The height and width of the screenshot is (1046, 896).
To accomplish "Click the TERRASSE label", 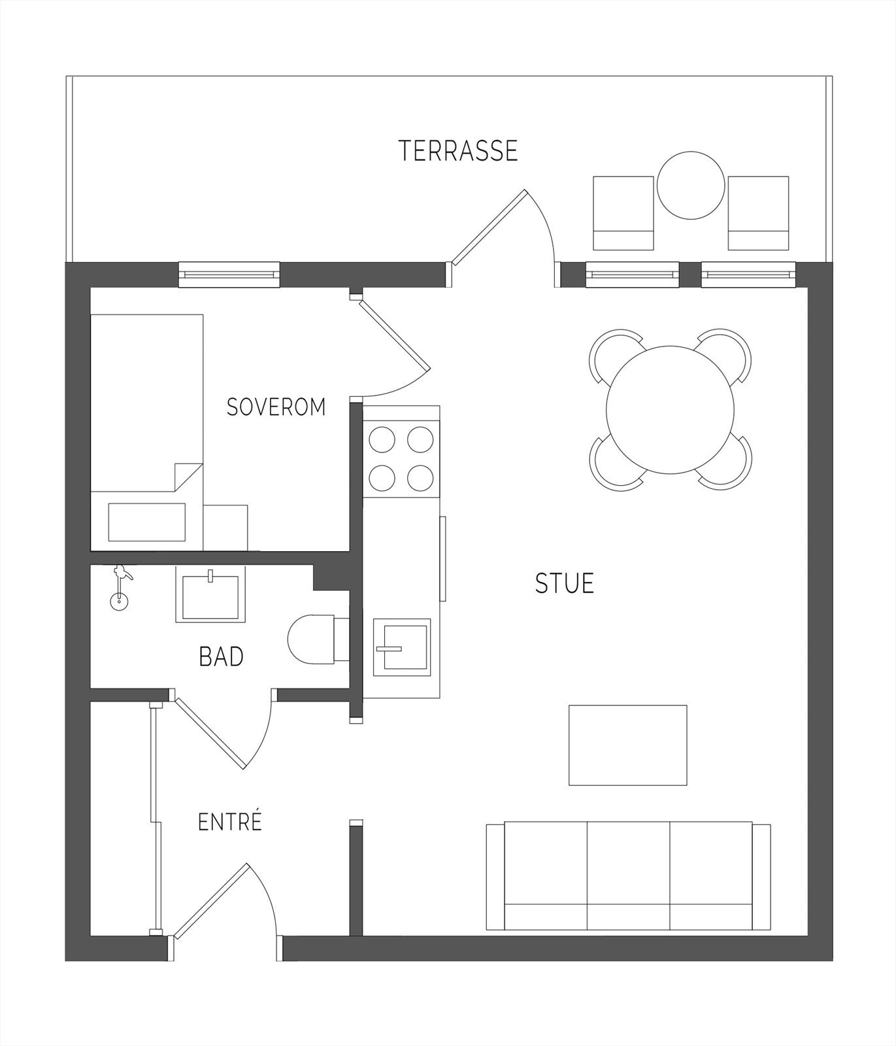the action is coord(458,150).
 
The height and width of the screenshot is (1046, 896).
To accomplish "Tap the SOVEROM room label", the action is coord(276,407).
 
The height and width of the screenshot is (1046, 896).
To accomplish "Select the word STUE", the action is coord(565,583).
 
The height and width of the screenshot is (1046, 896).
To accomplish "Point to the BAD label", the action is coord(221,656).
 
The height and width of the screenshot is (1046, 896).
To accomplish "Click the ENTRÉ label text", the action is coord(229,821).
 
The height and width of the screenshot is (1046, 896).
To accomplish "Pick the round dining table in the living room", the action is coord(671,410).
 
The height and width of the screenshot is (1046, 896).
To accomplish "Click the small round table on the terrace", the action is coord(691,186).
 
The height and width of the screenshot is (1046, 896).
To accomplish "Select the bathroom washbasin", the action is coord(210,594).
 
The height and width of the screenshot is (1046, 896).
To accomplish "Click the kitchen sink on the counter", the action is coord(402,647).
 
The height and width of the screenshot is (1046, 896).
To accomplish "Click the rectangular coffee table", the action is coord(627,745).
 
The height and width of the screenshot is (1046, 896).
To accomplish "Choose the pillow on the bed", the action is coord(146,522).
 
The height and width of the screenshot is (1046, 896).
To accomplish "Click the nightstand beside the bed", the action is coord(225,528).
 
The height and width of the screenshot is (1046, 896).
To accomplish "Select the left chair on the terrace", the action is coord(623,213).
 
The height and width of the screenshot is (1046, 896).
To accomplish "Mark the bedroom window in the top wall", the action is coord(229,275).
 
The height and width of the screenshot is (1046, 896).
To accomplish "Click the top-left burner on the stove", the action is coord(382,439).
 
